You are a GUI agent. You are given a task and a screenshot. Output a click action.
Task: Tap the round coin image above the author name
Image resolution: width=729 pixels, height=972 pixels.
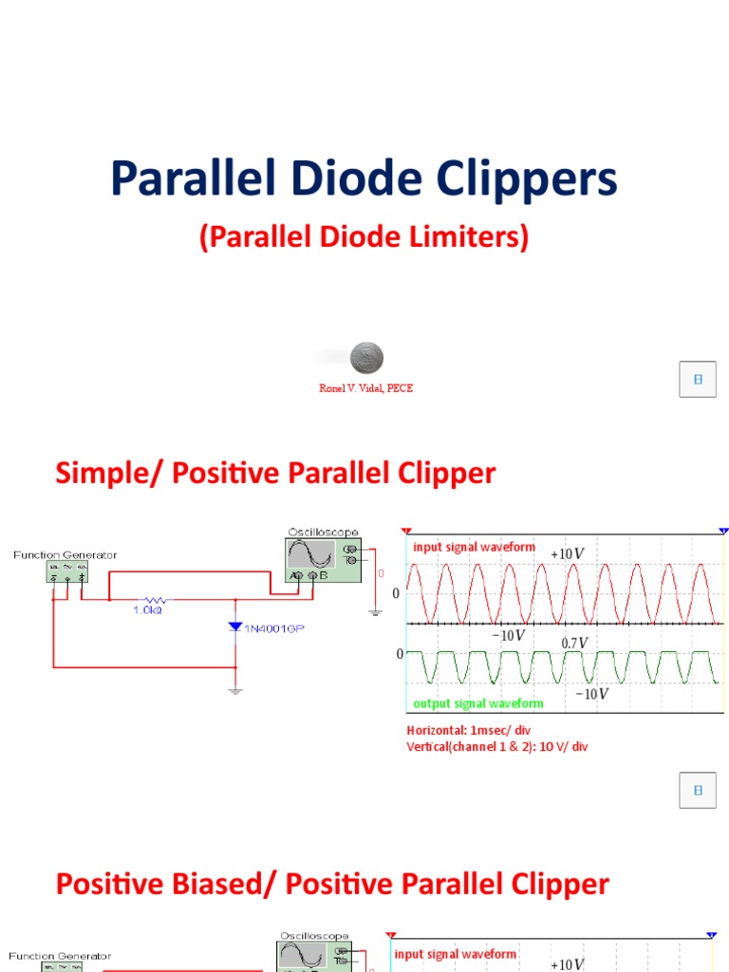click(x=366, y=359)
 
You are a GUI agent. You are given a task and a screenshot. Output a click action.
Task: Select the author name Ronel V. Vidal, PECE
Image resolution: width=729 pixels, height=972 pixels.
click(x=365, y=388)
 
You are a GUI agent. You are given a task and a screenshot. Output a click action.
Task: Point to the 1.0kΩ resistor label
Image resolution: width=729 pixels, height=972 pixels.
click(x=147, y=610)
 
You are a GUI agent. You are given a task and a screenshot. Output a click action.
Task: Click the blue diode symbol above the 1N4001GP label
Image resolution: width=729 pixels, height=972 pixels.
click(x=235, y=626)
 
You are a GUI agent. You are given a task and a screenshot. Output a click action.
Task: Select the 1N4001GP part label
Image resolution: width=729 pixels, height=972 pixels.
click(x=274, y=627)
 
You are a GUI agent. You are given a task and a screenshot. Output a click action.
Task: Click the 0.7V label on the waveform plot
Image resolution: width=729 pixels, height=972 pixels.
click(x=574, y=643)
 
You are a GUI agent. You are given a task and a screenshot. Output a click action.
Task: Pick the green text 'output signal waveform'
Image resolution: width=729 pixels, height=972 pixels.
click(x=477, y=703)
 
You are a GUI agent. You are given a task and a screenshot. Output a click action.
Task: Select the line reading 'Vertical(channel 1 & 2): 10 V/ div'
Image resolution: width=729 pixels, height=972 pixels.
click(x=497, y=747)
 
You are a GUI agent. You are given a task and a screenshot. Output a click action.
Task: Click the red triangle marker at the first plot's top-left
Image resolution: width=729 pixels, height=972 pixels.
click(x=406, y=533)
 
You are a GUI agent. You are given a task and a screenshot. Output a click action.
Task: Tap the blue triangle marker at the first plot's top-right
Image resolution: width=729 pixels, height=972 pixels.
click(x=723, y=533)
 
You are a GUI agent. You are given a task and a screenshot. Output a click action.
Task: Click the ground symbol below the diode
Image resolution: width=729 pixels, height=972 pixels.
click(x=235, y=691)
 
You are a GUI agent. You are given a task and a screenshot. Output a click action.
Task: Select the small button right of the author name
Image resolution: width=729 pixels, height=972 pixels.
click(x=698, y=379)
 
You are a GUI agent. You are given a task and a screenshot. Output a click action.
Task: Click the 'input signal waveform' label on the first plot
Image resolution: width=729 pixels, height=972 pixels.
click(x=474, y=547)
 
